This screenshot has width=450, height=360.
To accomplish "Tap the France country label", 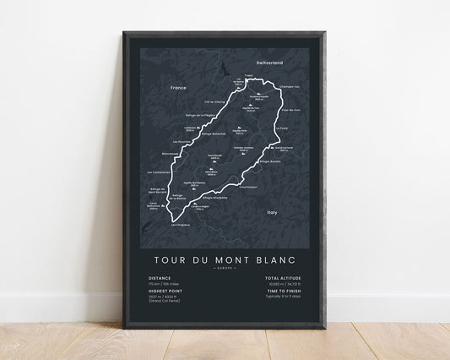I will click(x=177, y=87).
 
